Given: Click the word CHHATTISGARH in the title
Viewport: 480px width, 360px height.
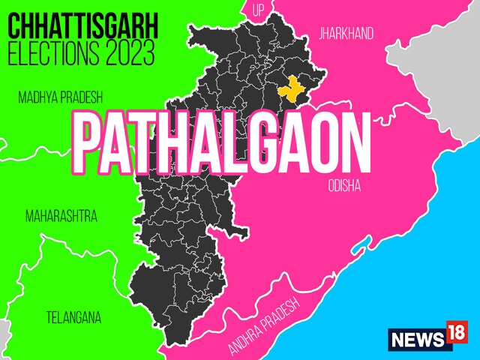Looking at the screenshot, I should coord(83,28).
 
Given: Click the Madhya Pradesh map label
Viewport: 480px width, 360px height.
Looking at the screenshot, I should coord(60,97).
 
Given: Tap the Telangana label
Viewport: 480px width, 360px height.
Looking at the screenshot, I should coord(72,316).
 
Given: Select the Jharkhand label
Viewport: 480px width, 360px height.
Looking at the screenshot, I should coord(346,34).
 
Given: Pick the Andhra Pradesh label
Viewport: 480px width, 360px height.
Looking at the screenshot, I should coord(264,325).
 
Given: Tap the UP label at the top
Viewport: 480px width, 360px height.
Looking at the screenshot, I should coord(258,10).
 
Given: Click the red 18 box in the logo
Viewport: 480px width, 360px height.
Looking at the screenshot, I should coord(455,335).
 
